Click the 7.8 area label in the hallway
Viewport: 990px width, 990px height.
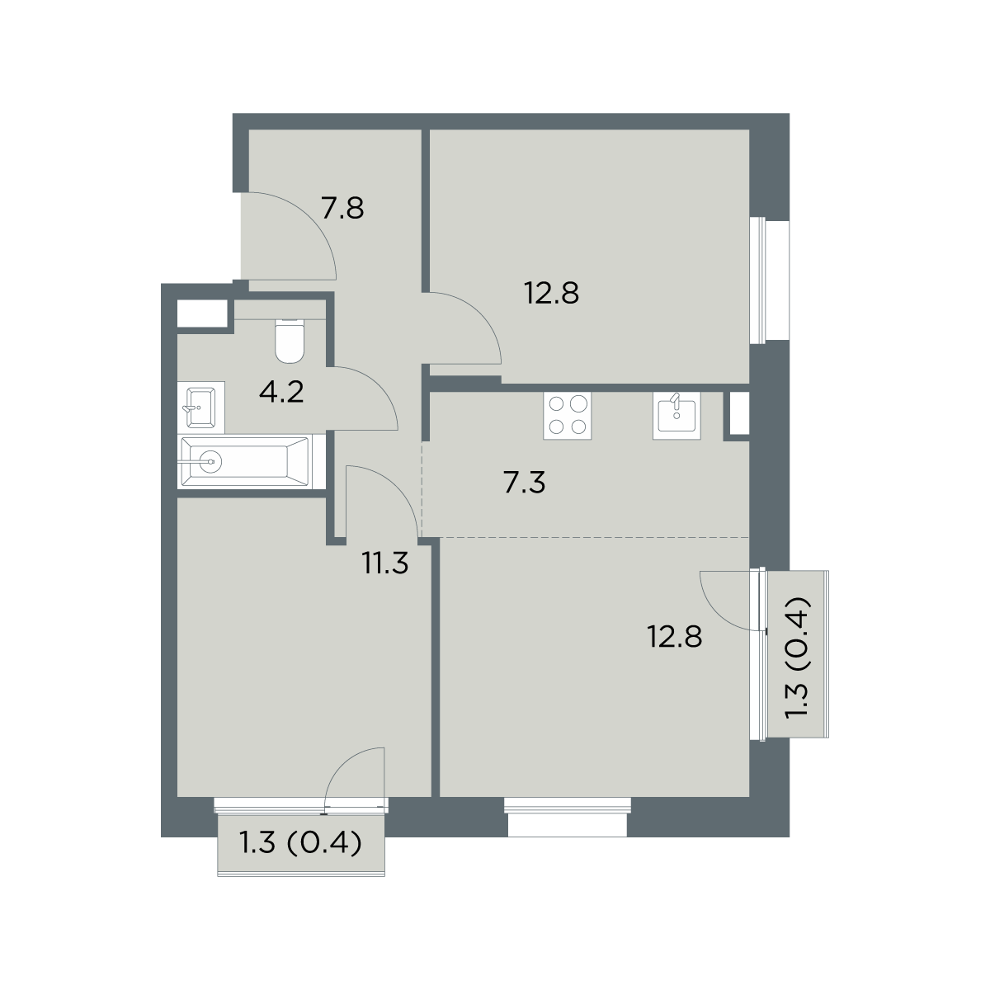coord(342,208)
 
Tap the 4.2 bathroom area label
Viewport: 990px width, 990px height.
coord(281,393)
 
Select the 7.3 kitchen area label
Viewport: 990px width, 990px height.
coord(525,483)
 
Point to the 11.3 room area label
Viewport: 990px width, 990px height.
coord(384,563)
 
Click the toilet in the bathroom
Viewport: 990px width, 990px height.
coord(290,341)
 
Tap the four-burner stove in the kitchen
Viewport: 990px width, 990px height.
coord(567,415)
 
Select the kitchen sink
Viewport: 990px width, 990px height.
coord(676,415)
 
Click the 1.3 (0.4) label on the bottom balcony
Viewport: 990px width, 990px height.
coord(301,843)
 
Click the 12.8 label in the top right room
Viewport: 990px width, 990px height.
coord(551,294)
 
